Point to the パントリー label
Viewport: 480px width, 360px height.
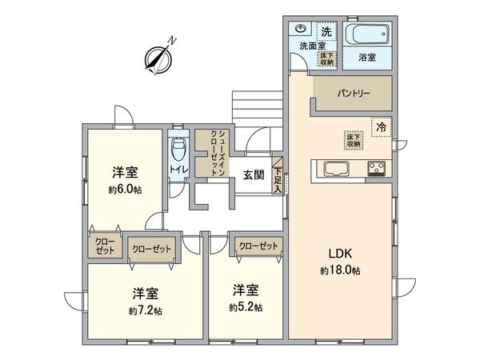pos(352,94)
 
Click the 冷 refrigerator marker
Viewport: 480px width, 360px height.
pos(382,126)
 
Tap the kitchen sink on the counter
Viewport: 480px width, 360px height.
pos(334,168)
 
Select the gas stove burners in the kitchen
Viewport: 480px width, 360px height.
pos(376,168)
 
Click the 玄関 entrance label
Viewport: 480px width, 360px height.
pos(254,175)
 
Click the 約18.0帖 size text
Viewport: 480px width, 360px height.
pos(340,271)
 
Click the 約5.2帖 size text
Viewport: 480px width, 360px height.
pos(245,307)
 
